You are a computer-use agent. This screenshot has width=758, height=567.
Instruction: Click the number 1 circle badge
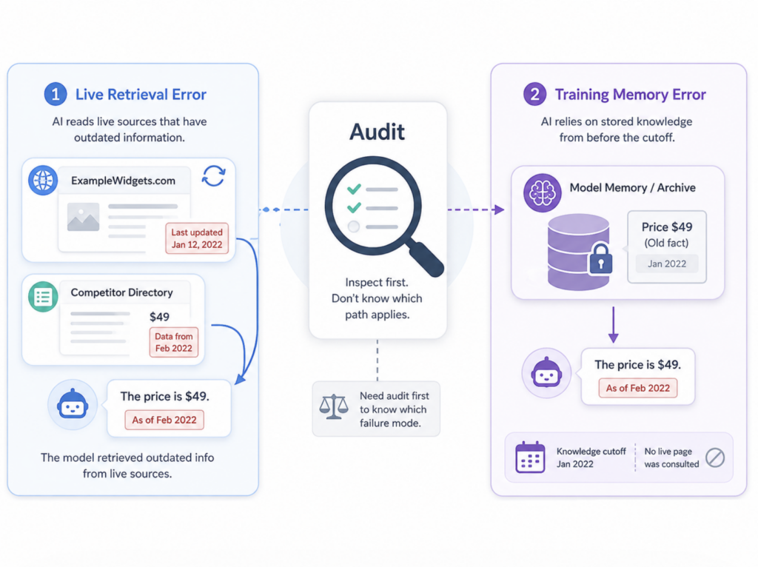click(x=56, y=94)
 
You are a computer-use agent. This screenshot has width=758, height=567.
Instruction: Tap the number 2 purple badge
click(x=534, y=94)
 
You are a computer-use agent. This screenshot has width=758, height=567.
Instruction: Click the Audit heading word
click(x=377, y=132)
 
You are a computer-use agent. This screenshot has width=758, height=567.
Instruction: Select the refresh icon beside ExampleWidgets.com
click(x=214, y=176)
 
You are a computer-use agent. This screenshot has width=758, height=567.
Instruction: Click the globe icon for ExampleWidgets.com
click(x=43, y=181)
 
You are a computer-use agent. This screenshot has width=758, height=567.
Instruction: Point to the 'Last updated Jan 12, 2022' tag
click(x=197, y=238)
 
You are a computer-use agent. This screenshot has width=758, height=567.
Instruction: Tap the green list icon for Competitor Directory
click(x=43, y=296)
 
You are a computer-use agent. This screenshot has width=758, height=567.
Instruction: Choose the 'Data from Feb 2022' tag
click(x=173, y=342)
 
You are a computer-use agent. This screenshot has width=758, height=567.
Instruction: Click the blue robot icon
click(x=73, y=404)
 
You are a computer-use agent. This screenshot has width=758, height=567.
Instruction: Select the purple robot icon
click(x=547, y=372)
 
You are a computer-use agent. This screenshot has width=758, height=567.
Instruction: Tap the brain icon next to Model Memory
click(x=543, y=193)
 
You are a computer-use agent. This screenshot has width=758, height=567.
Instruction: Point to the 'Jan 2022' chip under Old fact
click(x=667, y=264)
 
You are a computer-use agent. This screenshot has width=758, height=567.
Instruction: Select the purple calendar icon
click(x=530, y=457)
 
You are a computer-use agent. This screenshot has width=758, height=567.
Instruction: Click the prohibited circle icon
click(x=715, y=457)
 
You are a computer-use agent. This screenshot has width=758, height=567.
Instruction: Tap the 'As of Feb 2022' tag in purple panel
click(x=638, y=388)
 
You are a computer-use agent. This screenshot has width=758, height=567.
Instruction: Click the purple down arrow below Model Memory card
click(x=614, y=325)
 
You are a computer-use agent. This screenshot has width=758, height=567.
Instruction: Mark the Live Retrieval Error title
click(x=141, y=94)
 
